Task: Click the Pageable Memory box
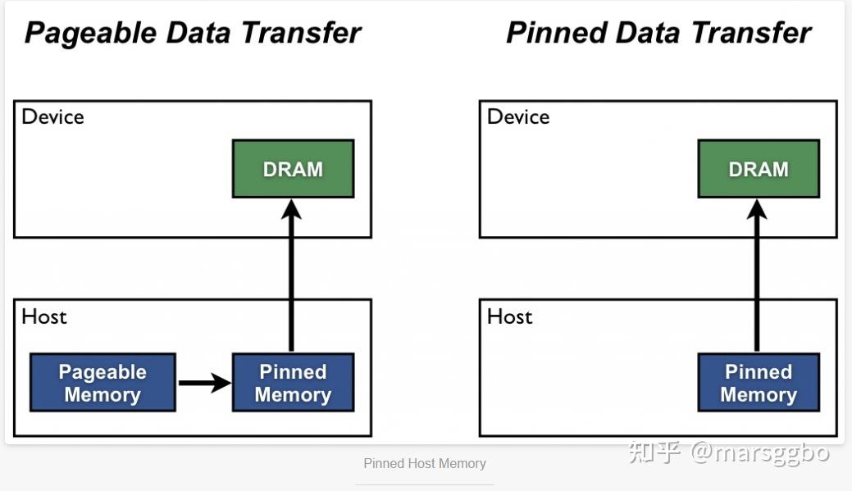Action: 103,383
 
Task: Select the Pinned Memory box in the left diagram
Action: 293,383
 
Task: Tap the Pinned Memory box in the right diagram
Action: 759,383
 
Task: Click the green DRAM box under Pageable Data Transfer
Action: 293,169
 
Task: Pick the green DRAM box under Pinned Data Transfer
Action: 759,169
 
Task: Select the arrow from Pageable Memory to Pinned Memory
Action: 204,382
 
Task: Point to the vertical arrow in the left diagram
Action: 291,279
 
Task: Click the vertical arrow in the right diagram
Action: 757,279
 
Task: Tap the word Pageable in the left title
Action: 90,34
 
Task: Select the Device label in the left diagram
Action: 52,117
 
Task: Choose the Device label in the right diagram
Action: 518,117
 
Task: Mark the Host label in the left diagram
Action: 44,317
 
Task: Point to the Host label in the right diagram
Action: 510,317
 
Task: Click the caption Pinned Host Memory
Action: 425,464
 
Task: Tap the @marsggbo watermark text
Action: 760,452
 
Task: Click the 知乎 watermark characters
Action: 654,452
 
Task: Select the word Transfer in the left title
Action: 300,33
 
